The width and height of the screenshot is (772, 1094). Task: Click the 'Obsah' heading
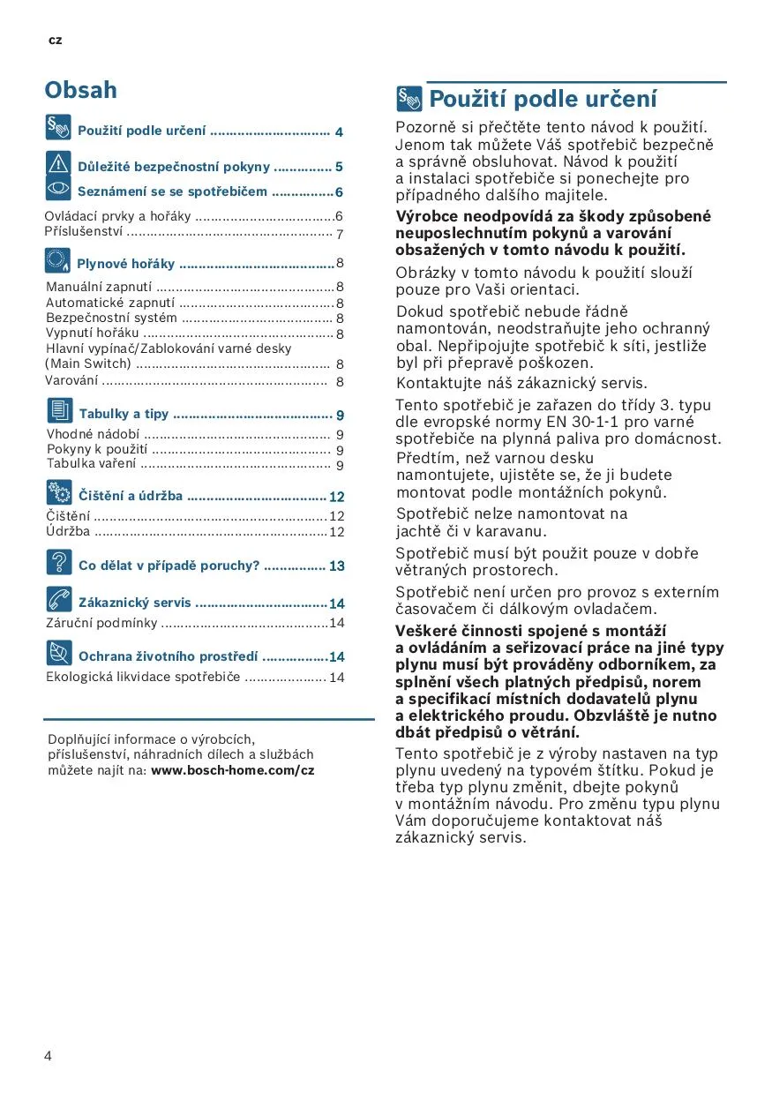[x=80, y=90]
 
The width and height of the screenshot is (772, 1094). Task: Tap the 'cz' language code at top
[x=55, y=41]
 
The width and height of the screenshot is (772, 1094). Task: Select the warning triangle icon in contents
[x=58, y=163]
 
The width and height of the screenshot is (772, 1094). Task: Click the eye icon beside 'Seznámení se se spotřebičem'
[x=58, y=188]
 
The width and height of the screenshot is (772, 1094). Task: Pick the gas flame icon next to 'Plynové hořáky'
[x=58, y=260]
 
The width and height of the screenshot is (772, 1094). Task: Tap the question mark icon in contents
[x=59, y=562]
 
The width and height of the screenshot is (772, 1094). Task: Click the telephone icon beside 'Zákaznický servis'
[x=59, y=600]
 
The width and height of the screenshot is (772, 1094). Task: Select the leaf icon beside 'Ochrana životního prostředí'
[x=59, y=653]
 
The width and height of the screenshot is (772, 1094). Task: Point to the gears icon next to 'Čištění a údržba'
[x=59, y=492]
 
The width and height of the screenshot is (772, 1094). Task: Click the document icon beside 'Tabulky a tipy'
[x=59, y=410]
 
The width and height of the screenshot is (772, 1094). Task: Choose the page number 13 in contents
[x=336, y=566]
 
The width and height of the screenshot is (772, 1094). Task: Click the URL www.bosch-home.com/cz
[x=232, y=770]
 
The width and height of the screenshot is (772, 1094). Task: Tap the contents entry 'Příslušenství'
[x=84, y=232]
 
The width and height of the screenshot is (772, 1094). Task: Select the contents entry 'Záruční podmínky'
[x=101, y=623]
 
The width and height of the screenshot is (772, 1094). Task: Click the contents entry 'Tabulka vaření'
[x=91, y=463]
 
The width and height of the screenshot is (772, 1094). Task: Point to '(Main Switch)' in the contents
[x=88, y=363]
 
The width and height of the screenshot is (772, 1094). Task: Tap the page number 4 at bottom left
[x=48, y=1055]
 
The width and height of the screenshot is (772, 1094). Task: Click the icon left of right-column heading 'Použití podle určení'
[x=409, y=98]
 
